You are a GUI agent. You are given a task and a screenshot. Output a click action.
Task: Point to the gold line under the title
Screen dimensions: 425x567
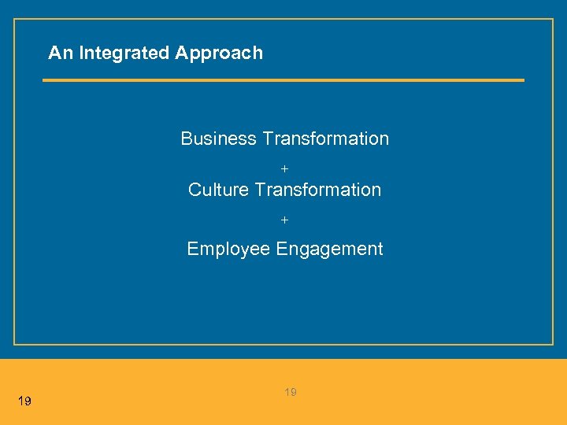pyautogui.click(x=283, y=79)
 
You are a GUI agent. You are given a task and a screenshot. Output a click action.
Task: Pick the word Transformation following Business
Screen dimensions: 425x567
pyautogui.click(x=325, y=139)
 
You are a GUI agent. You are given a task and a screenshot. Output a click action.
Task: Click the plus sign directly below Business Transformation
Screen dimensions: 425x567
pyautogui.click(x=285, y=169)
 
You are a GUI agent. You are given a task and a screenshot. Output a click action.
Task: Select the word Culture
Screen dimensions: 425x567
pyautogui.click(x=219, y=190)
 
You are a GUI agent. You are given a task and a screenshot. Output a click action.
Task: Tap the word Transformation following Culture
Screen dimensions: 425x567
pyautogui.click(x=318, y=190)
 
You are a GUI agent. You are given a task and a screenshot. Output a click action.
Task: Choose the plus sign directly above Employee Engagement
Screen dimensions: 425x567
pyautogui.click(x=285, y=220)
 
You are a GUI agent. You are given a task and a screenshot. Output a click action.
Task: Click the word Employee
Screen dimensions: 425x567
pyautogui.click(x=228, y=249)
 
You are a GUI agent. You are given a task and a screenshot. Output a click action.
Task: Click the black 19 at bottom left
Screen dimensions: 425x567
pyautogui.click(x=24, y=402)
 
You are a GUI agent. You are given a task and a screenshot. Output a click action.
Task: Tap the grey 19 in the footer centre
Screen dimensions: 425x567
pyautogui.click(x=291, y=392)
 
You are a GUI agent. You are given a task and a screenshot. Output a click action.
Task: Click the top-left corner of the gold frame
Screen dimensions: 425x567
pyautogui.click(x=14, y=20)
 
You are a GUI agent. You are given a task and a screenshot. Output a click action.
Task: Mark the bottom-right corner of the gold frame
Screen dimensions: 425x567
pyautogui.click(x=553, y=344)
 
